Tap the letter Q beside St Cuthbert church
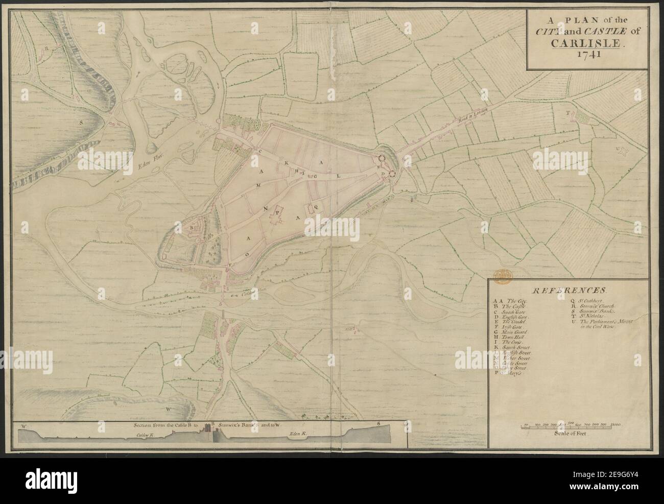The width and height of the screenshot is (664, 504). (315, 207)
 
